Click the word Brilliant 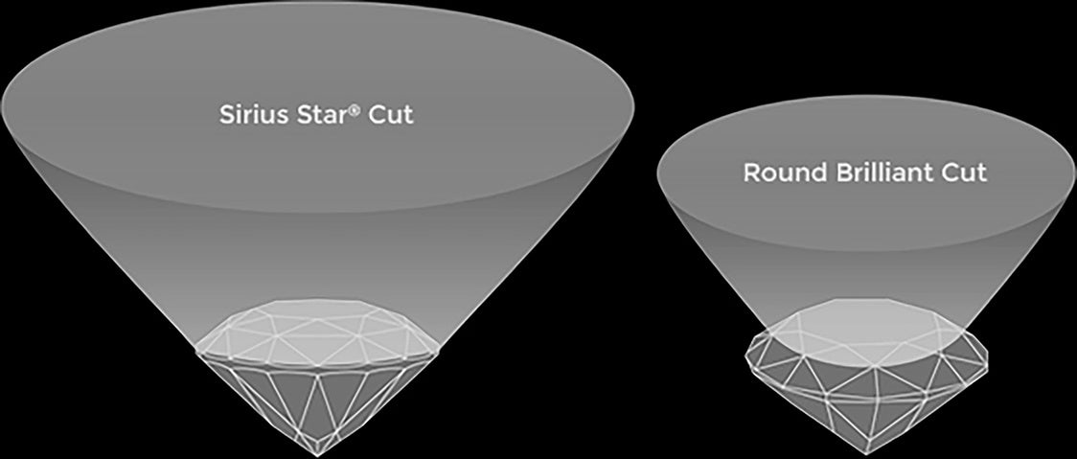tap(880, 173)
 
